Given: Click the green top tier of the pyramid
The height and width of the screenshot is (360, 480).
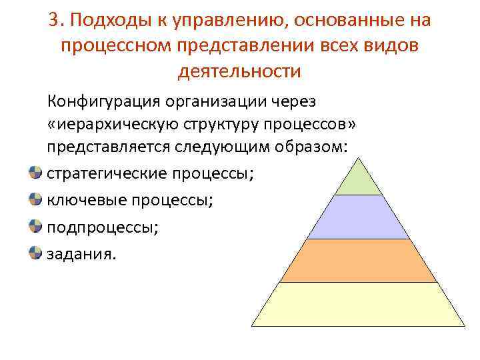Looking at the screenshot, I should (358, 180).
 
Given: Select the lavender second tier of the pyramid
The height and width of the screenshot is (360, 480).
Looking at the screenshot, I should (358, 217).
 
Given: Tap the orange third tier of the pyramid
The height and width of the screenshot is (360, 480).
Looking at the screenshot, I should (358, 261).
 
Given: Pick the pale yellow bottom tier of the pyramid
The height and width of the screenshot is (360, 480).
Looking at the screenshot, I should (358, 304).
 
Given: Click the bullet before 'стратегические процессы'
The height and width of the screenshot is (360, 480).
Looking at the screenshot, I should (35, 173).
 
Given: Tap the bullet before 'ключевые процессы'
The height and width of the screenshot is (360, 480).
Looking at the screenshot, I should (35, 200).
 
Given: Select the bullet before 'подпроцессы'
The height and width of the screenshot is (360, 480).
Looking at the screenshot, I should (35, 227).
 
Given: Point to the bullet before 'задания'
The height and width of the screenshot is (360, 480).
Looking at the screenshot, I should (35, 253).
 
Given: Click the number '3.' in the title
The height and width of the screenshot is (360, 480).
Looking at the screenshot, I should (56, 21).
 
